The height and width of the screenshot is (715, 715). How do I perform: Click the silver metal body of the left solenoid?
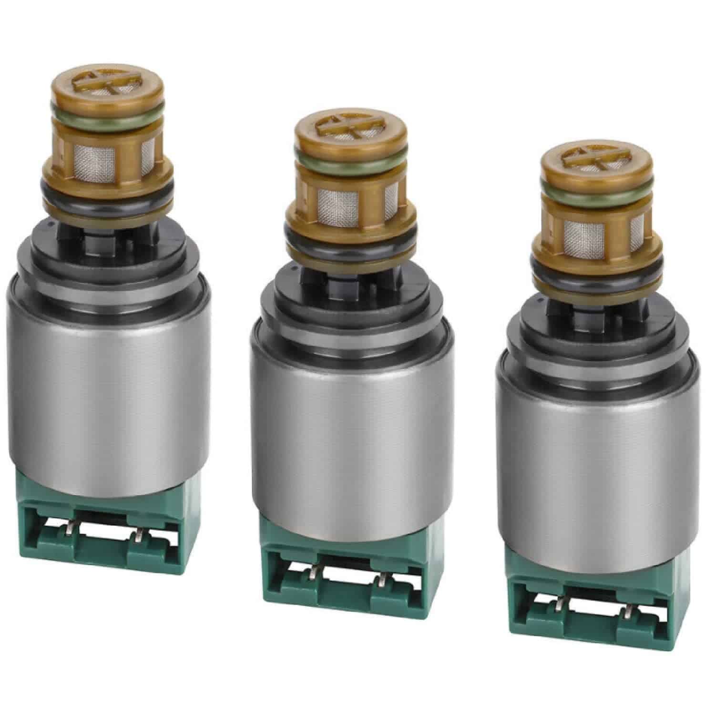click(x=110, y=381)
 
